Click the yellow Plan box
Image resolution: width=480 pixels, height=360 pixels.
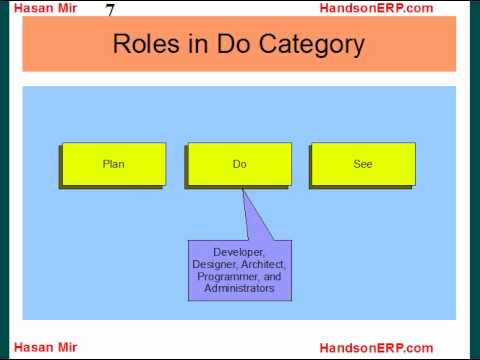114,164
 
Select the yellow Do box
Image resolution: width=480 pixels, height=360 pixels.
240,164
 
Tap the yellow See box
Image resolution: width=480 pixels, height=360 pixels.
363,164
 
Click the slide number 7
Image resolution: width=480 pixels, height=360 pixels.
110,10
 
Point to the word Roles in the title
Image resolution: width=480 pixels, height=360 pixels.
146,44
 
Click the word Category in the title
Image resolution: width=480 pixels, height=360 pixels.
312,45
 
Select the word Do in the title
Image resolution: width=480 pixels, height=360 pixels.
233,44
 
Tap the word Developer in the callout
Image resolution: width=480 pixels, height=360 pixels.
238,252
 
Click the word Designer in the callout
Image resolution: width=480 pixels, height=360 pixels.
215,264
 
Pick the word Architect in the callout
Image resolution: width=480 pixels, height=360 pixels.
263,264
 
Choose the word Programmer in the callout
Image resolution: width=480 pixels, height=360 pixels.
228,277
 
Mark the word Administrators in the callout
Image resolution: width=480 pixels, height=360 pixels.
239,288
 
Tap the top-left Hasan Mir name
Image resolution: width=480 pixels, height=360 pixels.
46,8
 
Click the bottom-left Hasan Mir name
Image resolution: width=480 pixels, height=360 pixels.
46,347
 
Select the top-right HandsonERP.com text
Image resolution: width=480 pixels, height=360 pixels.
376,8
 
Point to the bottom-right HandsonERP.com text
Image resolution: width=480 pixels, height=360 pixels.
376,348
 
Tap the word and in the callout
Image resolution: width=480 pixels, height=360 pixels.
272,277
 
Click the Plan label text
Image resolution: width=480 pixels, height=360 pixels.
114,164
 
